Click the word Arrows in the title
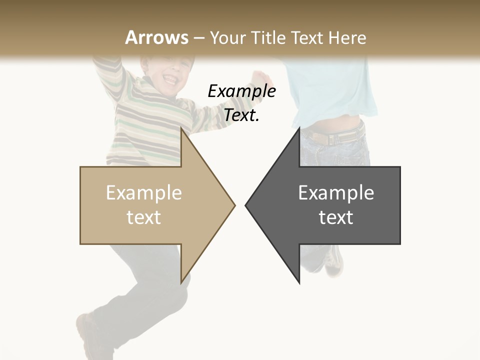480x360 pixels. point(156,37)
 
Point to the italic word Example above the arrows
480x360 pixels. point(241,91)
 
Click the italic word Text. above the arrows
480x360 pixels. point(241,115)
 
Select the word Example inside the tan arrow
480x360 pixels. point(143,192)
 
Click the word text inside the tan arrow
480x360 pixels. point(143,217)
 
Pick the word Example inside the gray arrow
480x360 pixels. point(336,192)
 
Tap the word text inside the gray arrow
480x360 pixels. point(336,217)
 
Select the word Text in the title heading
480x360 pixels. point(305,37)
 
